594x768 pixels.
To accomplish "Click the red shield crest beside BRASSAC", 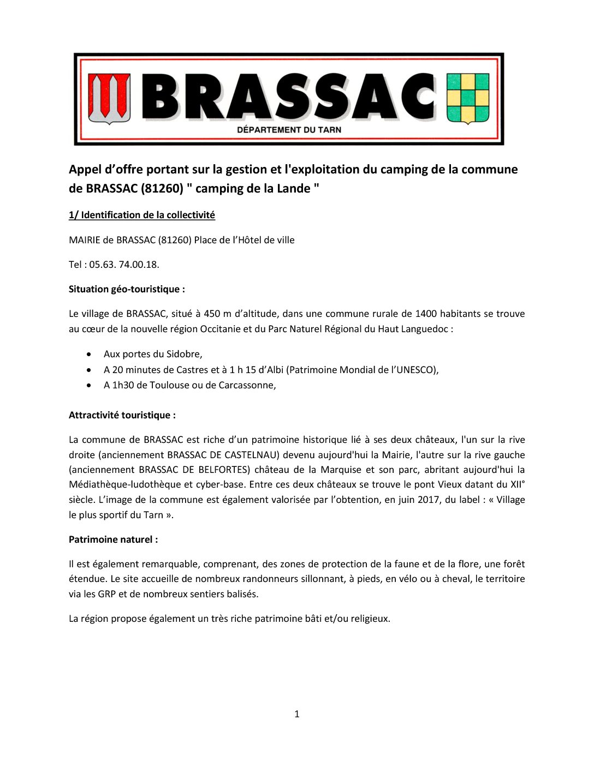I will [x=110, y=98].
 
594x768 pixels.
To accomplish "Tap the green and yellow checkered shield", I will [x=468, y=98].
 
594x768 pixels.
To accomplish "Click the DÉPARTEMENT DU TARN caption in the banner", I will [x=289, y=130].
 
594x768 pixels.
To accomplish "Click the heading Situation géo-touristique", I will [x=127, y=289].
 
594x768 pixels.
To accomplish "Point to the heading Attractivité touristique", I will [x=122, y=415].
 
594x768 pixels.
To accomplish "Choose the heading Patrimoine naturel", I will [x=113, y=539].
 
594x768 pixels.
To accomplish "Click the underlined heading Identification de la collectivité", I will [x=142, y=215].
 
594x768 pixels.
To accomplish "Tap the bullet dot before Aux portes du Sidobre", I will [x=89, y=355].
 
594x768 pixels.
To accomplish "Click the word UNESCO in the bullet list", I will [x=417, y=370].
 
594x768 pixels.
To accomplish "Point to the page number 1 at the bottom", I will [x=296, y=714].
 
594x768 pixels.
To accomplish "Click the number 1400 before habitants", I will [x=426, y=314].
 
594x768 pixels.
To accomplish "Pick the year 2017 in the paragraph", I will [x=429, y=500].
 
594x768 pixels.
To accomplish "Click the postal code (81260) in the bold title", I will [x=162, y=189].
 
